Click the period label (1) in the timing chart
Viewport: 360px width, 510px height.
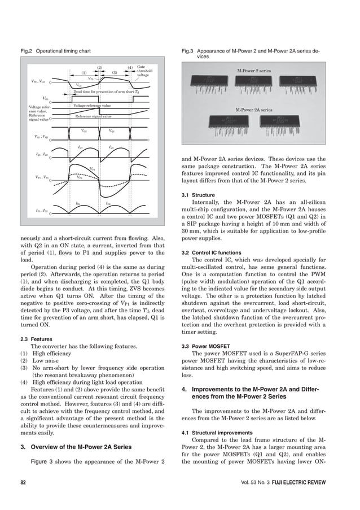84,72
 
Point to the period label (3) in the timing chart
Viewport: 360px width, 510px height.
114,72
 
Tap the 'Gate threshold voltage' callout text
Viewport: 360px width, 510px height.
144,70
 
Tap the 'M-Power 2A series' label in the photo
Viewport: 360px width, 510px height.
253,109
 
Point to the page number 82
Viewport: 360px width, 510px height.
23,483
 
